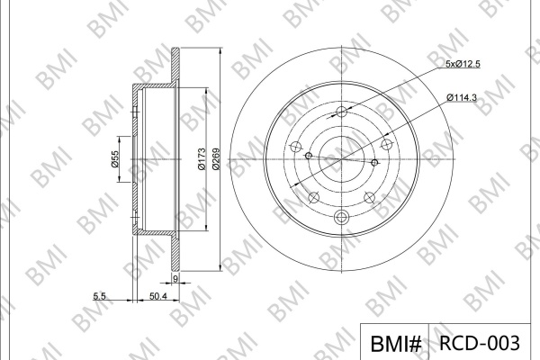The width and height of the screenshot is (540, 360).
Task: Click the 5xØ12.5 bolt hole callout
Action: [x=463, y=64]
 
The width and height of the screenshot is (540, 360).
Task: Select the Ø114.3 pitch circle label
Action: [x=462, y=98]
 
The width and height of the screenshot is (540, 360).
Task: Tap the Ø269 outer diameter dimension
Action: [x=216, y=158]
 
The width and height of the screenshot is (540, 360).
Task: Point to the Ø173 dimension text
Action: [x=202, y=158]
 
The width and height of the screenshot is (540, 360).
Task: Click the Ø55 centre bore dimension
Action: [x=114, y=158]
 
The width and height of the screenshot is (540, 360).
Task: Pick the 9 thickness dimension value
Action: [x=175, y=279]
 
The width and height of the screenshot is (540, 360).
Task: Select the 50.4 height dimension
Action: [x=158, y=296]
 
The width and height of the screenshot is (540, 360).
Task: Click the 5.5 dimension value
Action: [x=99, y=296]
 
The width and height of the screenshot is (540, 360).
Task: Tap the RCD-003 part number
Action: [x=480, y=343]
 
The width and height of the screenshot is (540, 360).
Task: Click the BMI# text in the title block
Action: [x=396, y=344]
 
